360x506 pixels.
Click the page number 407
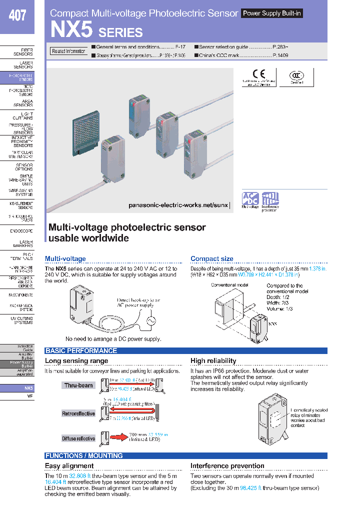click(x=17, y=15)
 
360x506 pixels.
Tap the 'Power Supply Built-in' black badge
click(x=272, y=13)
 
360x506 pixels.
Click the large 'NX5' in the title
click(x=71, y=30)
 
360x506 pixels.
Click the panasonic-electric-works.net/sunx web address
click(x=178, y=205)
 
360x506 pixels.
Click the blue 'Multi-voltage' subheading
click(x=65, y=258)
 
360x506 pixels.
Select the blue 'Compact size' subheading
click(x=211, y=258)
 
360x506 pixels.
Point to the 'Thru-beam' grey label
click(x=78, y=385)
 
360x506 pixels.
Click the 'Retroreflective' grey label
click(x=78, y=413)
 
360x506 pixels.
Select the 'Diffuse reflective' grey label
click(x=78, y=438)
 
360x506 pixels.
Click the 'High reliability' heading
click(x=213, y=360)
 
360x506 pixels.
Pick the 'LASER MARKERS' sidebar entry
click(x=23, y=243)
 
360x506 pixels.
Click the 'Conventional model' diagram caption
click(x=229, y=284)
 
